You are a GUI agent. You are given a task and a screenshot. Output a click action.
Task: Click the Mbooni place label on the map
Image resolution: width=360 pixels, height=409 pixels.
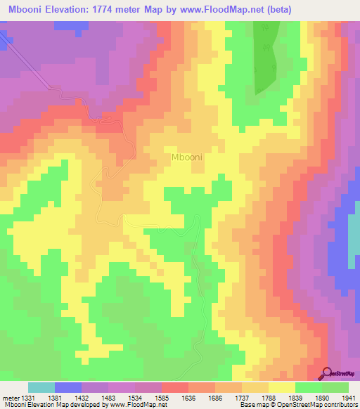(x=187, y=157)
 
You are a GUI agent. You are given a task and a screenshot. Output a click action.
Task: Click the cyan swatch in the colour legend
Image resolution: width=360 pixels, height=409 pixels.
(x=41, y=387)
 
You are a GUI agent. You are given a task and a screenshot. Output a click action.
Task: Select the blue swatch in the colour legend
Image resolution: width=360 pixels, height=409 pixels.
(x=68, y=387)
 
